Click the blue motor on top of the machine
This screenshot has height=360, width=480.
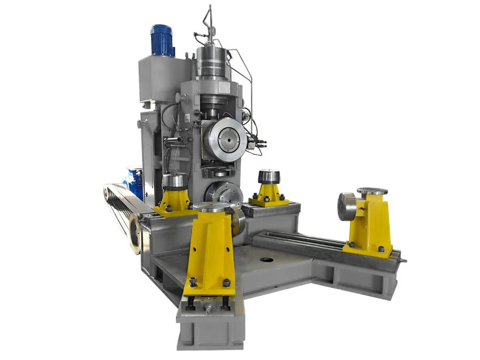pos(162,39)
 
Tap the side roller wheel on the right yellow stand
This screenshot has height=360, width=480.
pos(347,205)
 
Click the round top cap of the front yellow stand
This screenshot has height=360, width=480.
pos(211,207)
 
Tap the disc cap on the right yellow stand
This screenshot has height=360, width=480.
pos(372,190)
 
